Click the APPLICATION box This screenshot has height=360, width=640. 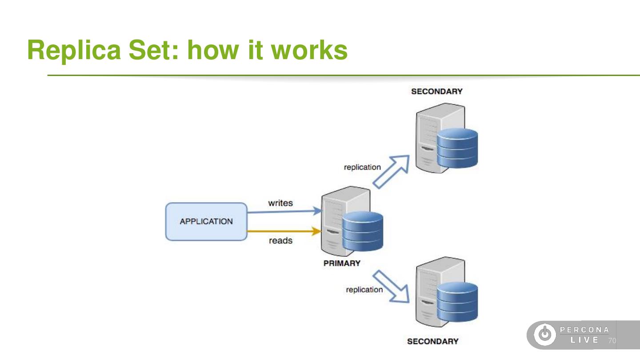[x=206, y=221]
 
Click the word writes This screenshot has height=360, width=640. [x=280, y=203]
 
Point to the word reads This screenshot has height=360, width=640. [x=280, y=241]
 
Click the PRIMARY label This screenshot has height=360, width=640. [x=342, y=263]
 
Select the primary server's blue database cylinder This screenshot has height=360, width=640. [x=363, y=232]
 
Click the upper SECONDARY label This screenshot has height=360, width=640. [x=436, y=92]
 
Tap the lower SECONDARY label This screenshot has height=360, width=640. [x=432, y=341]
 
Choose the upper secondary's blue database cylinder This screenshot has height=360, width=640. [x=457, y=148]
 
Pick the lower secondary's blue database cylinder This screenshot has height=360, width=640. [x=457, y=302]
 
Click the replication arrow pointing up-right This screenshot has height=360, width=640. [x=391, y=171]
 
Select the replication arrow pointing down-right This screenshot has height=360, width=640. [x=391, y=286]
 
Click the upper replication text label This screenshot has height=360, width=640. [x=362, y=167]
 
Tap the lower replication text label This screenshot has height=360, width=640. [x=364, y=290]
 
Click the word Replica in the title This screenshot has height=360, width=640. [x=74, y=50]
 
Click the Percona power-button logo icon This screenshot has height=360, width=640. [x=544, y=335]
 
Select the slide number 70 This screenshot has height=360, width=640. [x=612, y=341]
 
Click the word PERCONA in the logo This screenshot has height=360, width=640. [x=584, y=330]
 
